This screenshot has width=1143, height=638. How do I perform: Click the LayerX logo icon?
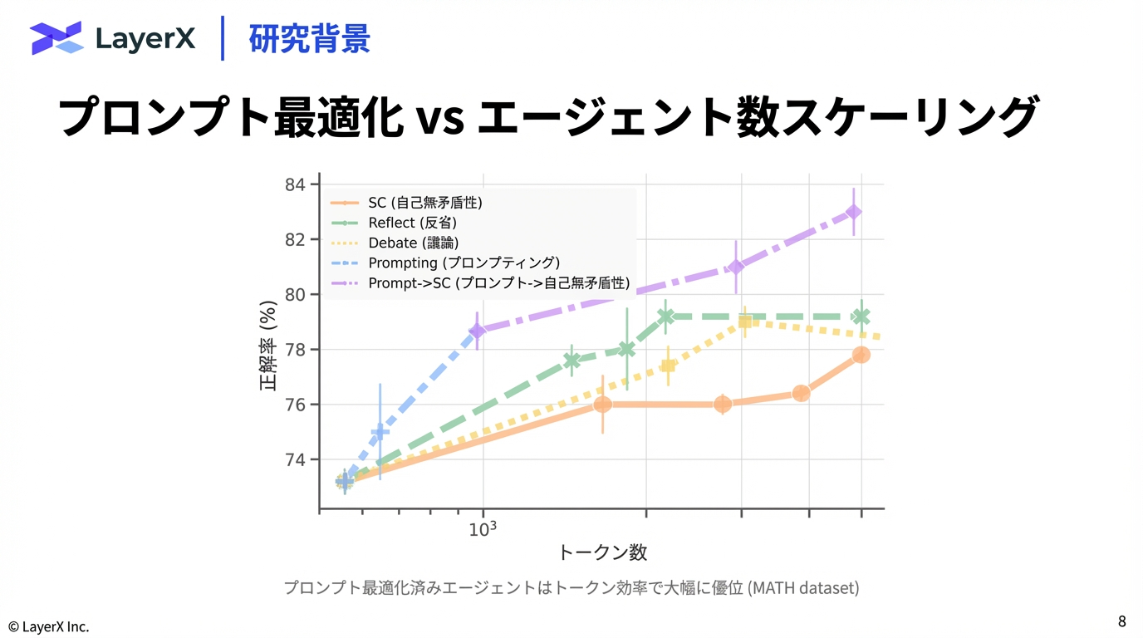coord(56,37)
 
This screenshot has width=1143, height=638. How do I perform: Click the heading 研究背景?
coord(309,38)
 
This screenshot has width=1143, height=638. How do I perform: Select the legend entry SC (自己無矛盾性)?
coord(425,202)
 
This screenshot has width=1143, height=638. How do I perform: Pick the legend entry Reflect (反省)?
coord(412,223)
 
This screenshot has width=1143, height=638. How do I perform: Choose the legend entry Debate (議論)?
coord(413,243)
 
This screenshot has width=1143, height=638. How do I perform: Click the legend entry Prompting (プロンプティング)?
coord(464,263)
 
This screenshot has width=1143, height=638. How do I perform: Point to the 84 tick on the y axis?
coord(296,184)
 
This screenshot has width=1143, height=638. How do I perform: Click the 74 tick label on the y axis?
coord(296,459)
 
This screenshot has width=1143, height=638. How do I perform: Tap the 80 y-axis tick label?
coord(296,294)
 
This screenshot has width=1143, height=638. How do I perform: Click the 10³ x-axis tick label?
coord(483,529)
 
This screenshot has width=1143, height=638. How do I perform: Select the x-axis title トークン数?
coord(602,552)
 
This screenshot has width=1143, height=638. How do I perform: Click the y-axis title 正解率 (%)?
coord(267,345)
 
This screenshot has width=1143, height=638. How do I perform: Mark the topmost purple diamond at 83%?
coord(853,212)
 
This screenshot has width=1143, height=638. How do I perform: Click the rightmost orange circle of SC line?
coord(861,355)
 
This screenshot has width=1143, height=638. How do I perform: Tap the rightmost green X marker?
coord(861,317)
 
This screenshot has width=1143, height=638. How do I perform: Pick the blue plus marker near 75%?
coord(380,432)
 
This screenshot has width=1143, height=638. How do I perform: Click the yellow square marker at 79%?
coord(745,322)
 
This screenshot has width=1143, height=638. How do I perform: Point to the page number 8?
coord(1122,621)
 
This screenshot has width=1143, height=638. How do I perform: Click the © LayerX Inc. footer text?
coord(48,626)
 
